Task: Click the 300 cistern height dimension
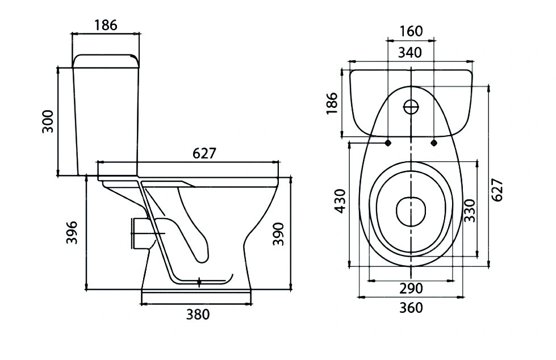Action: (x=48, y=122)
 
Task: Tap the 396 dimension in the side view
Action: (x=72, y=232)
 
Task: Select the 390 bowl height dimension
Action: (x=278, y=234)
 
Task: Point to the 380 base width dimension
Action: (x=198, y=314)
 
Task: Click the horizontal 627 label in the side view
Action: (x=204, y=153)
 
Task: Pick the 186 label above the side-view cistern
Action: (x=106, y=25)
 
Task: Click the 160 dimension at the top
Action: (x=411, y=31)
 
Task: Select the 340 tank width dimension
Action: (x=410, y=52)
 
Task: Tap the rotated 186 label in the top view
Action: (x=332, y=103)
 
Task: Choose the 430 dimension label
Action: (x=340, y=202)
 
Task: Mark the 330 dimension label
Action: (x=470, y=211)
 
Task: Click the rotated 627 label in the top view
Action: (x=498, y=190)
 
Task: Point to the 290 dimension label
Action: (x=411, y=288)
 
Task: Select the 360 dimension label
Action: (x=411, y=308)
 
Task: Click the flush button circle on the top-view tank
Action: (x=411, y=106)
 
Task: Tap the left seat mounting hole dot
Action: (x=388, y=143)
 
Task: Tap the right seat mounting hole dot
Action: (x=434, y=143)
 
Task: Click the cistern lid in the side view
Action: (x=106, y=61)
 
